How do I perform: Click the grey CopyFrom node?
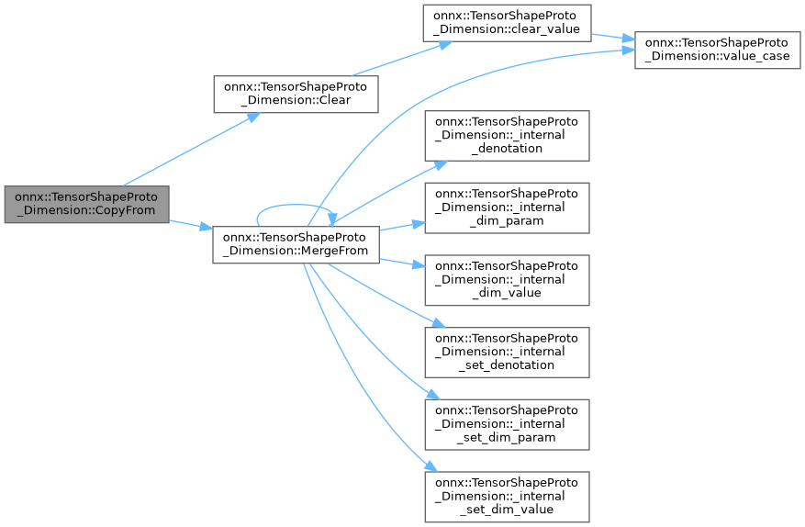86,205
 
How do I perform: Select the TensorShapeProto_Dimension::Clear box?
296,95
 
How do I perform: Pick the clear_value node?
506,22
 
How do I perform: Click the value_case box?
717,49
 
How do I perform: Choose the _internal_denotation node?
506,135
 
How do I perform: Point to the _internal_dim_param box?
506,207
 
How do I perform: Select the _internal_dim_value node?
506,279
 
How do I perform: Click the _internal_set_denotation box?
506,352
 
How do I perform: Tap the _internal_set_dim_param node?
506,423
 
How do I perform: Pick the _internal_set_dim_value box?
506,496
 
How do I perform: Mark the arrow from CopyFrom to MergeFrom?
191,224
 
